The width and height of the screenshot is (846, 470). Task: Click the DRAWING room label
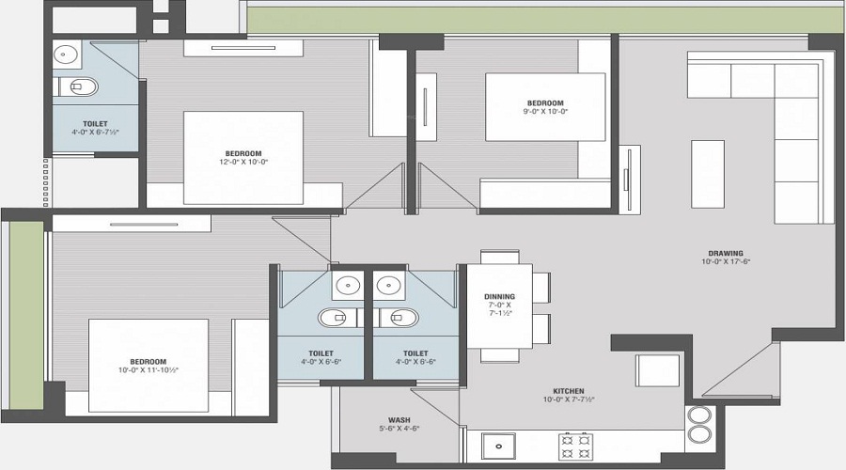(726, 253)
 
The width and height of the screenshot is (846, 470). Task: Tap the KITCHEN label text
(569, 391)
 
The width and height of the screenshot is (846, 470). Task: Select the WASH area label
(399, 420)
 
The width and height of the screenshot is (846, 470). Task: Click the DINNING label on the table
(500, 296)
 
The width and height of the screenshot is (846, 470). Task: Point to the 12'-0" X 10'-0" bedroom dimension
(243, 162)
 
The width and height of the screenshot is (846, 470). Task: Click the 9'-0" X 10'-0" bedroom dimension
(545, 111)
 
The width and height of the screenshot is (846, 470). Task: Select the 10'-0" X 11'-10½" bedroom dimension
(149, 370)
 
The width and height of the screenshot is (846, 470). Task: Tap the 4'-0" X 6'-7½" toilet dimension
(95, 132)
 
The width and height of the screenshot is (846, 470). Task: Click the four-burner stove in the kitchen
(575, 446)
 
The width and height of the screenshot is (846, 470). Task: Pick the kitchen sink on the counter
(498, 446)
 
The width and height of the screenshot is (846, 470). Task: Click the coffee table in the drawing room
(708, 174)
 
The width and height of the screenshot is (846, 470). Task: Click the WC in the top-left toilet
(79, 86)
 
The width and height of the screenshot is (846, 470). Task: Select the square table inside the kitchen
(657, 370)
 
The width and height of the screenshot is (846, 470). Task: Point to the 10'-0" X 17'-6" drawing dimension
(726, 261)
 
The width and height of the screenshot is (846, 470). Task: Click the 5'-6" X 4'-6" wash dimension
(399, 429)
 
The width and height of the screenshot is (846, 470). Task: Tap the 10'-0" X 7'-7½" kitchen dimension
(569, 399)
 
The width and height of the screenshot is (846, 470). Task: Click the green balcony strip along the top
(544, 20)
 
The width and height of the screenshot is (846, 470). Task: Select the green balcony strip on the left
(26, 315)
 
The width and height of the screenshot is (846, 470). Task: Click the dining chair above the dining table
(500, 257)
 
